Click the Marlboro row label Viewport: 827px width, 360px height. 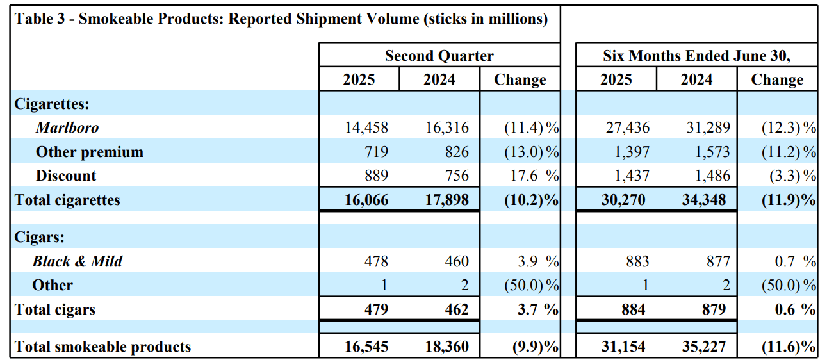pos(67,127)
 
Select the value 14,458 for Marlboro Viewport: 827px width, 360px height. pos(366,127)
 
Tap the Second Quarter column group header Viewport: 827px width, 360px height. pos(439,56)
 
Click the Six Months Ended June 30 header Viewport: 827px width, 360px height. pos(696,56)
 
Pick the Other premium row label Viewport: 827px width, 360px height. pos(89,152)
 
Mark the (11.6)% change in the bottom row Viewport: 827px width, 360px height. pos(788,347)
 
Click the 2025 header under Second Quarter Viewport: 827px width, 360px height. pos(359,79)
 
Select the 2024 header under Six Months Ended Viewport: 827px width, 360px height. pos(696,79)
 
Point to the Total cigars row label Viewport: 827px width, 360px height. pos(55,309)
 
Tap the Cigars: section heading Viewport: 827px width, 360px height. pos(39,237)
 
